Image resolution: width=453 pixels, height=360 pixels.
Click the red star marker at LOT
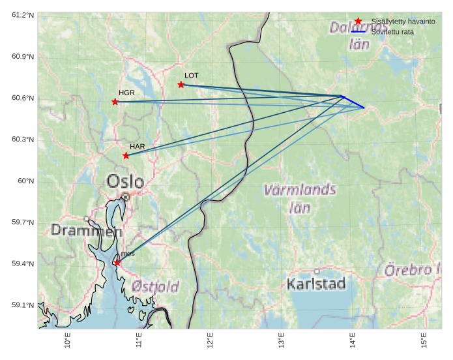[181, 85]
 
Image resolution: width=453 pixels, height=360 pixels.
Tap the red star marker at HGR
[115, 102]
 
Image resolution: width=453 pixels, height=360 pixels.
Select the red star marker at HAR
[126, 155]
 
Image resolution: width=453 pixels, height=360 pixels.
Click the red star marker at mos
[117, 263]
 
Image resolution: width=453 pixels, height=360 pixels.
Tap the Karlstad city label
[316, 284]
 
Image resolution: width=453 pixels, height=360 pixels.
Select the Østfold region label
[155, 286]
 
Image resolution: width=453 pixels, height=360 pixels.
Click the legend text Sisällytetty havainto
[403, 22]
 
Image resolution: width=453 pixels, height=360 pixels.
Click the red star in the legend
[358, 22]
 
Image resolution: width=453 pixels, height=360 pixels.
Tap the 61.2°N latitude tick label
[23, 15]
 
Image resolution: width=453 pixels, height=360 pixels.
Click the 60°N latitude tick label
[26, 181]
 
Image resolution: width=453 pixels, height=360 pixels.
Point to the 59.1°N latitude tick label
[23, 305]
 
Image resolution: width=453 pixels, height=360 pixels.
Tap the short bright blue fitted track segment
[354, 102]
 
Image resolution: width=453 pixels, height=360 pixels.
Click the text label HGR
[126, 93]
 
